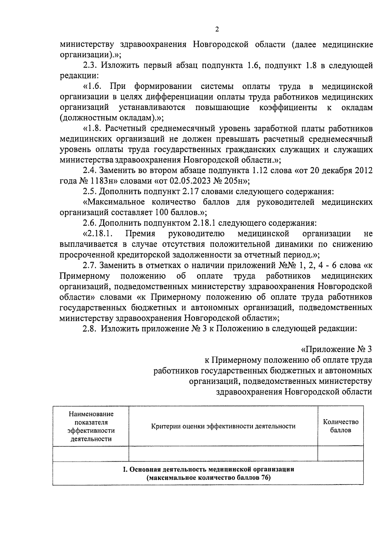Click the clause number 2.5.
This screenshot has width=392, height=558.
pyautogui.click(x=89, y=191)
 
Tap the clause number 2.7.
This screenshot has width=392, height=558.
pyautogui.click(x=89, y=265)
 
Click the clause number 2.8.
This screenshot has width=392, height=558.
pyautogui.click(x=89, y=329)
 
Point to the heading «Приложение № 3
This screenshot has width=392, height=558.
pyautogui.click(x=336, y=349)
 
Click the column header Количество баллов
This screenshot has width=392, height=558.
pyautogui.click(x=341, y=426)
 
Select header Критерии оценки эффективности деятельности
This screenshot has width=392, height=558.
pyautogui.click(x=223, y=426)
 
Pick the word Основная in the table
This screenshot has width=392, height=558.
pyautogui.click(x=143, y=469)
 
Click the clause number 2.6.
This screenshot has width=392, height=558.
pyautogui.click(x=89, y=223)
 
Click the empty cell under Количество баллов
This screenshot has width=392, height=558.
pyautogui.click(x=341, y=453)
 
